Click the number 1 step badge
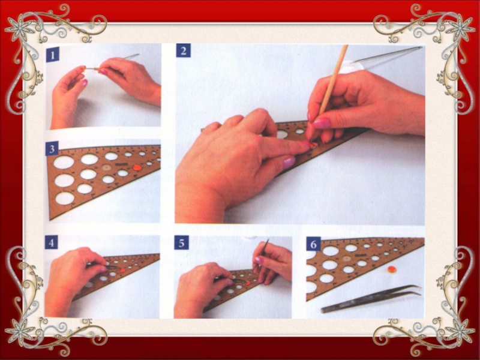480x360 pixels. tap(53, 55)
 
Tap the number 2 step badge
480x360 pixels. tap(184, 50)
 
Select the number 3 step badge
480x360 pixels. tap(52, 149)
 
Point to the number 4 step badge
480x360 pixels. tap(52, 242)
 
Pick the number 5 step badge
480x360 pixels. tap(182, 243)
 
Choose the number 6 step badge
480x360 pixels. tap(313, 244)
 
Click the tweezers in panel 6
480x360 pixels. tap(371, 299)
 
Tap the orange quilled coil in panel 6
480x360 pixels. tap(392, 269)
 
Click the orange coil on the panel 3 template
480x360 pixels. tap(136, 167)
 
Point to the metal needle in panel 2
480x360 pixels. tap(386, 55)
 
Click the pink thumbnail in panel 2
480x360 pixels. tap(322, 124)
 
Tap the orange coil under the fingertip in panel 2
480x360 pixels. tap(313, 145)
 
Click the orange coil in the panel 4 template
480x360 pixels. tap(123, 271)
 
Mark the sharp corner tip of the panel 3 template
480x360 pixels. tap(50, 220)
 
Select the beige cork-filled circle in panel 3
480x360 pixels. tap(106, 167)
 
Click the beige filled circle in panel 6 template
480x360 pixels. tap(347, 259)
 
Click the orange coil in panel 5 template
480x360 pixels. tap(248, 283)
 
